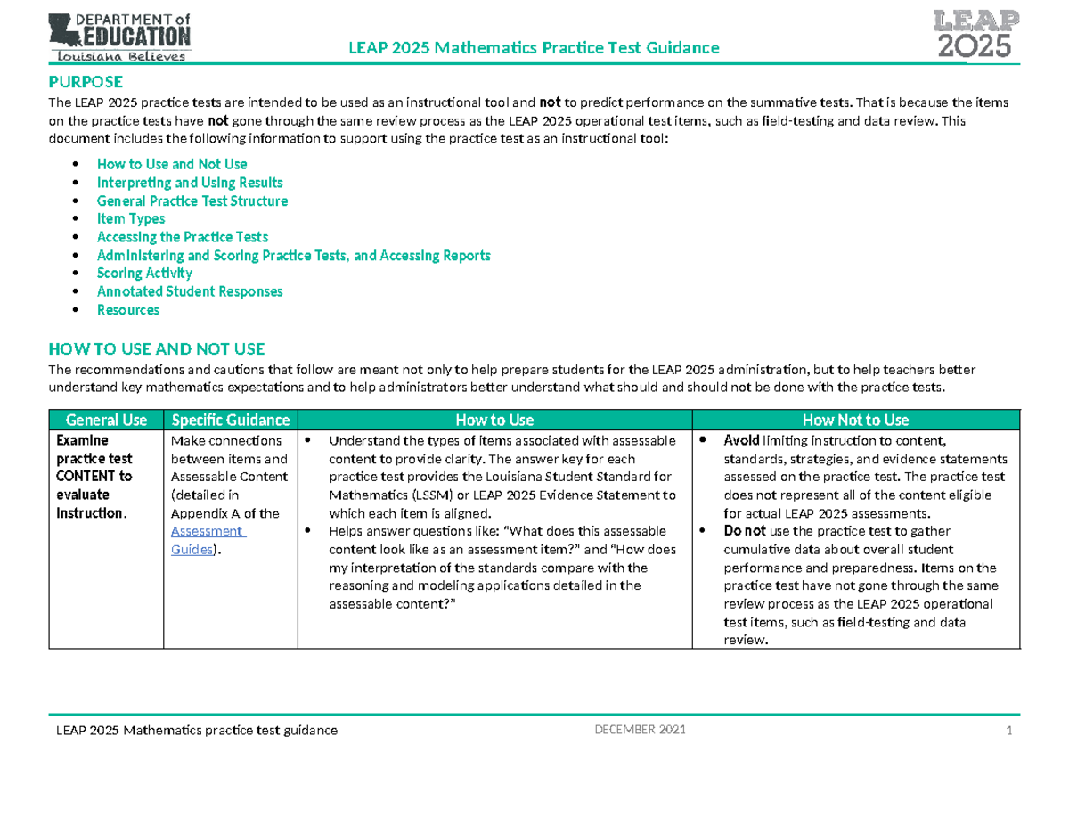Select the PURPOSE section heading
click(x=86, y=83)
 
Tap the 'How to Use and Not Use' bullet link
click(x=172, y=164)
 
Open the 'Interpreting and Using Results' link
click(x=190, y=183)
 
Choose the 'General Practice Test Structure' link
click(x=192, y=201)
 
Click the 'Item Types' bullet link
click(x=131, y=219)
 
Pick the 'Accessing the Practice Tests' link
click(x=183, y=237)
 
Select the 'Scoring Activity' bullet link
click(x=144, y=274)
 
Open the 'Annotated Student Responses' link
click(x=190, y=291)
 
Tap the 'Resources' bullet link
click(x=128, y=310)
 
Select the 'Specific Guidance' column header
click(x=230, y=420)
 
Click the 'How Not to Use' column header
click(x=855, y=420)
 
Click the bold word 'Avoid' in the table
click(x=741, y=440)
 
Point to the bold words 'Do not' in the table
click(x=744, y=531)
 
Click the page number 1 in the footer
click(x=1009, y=732)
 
